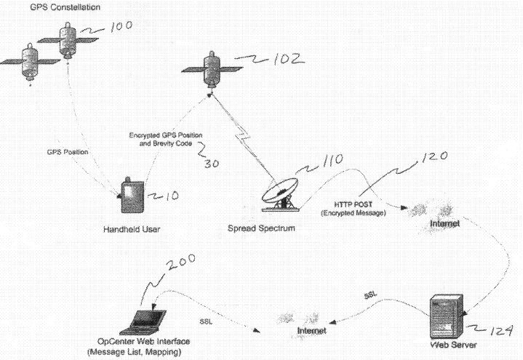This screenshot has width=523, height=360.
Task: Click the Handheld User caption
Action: point(130,229)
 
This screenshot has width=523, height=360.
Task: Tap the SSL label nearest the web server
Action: point(370,297)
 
